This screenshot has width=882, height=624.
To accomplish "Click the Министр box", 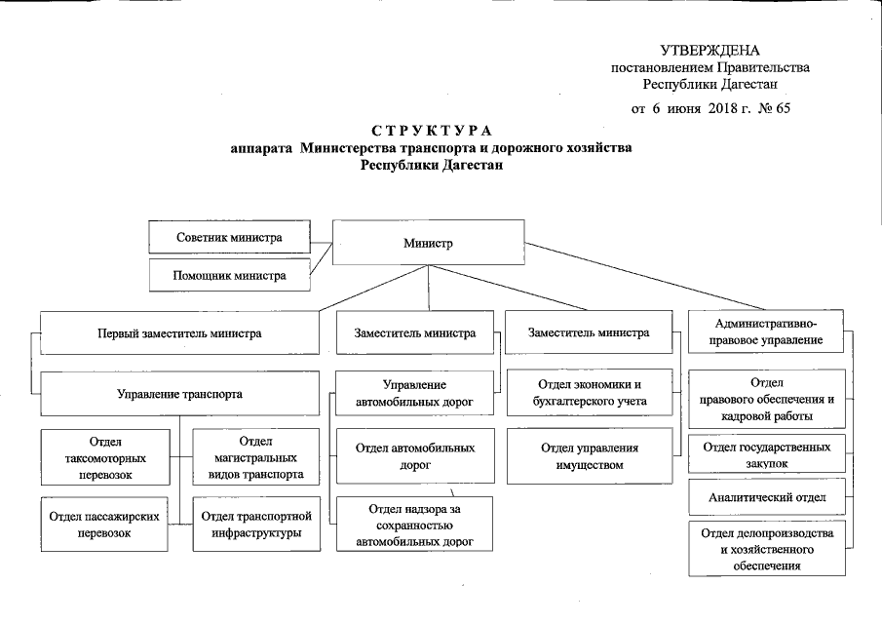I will pyautogui.click(x=429, y=243).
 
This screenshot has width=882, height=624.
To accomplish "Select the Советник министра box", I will pyautogui.click(x=230, y=238).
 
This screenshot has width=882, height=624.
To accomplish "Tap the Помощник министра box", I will pyautogui.click(x=230, y=275).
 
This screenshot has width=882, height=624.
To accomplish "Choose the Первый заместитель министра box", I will pyautogui.click(x=179, y=332).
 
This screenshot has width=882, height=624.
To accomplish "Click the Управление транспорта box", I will pyautogui.click(x=179, y=395).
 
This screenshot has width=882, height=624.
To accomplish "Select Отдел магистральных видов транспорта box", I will pyautogui.click(x=255, y=458).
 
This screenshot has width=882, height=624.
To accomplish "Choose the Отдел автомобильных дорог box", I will pyautogui.click(x=415, y=457).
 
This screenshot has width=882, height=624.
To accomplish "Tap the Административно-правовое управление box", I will pyautogui.click(x=765, y=331).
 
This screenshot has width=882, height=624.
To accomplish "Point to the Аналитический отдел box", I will pyautogui.click(x=767, y=498).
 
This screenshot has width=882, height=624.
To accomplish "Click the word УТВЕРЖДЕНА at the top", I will pyautogui.click(x=709, y=51).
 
